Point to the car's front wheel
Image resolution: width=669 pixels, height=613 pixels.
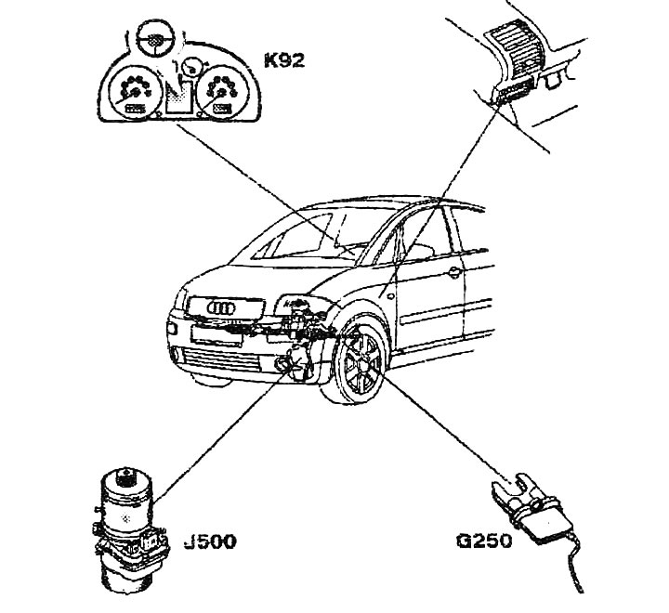[359, 370]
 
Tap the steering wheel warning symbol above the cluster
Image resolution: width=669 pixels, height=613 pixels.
[148, 40]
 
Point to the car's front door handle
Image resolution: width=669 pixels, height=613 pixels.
[453, 273]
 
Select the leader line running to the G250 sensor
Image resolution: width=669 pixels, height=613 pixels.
[437, 427]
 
